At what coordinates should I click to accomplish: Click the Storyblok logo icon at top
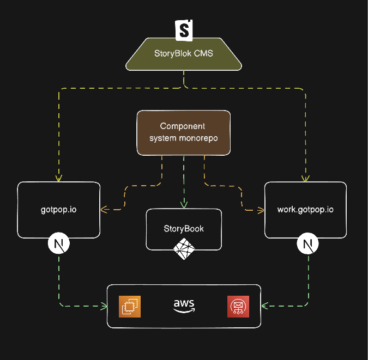coord(184,30)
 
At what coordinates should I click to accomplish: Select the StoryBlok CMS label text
coord(184,54)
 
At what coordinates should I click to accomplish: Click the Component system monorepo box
coord(183,132)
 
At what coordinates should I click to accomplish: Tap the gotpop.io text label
coord(59,209)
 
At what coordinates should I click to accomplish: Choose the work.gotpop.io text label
coord(305,209)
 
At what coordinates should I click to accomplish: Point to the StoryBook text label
coord(184,228)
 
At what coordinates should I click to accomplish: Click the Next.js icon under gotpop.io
coord(59,244)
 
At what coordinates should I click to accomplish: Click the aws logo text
coord(184,306)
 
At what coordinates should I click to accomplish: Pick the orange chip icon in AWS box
coord(131,306)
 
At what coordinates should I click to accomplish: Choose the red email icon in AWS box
coord(238,306)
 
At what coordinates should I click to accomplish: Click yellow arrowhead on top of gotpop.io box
coord(59,178)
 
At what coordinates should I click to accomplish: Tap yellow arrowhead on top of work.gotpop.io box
coord(305,178)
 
